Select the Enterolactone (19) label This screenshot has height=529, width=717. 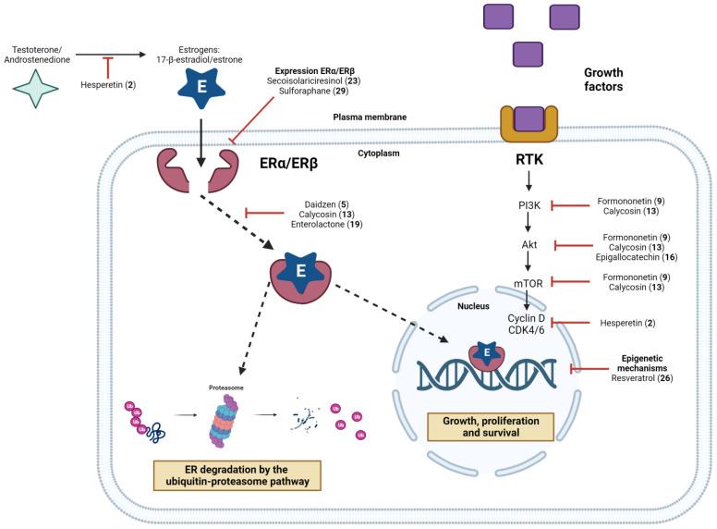[x=327, y=224]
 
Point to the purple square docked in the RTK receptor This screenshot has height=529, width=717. [x=528, y=118]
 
